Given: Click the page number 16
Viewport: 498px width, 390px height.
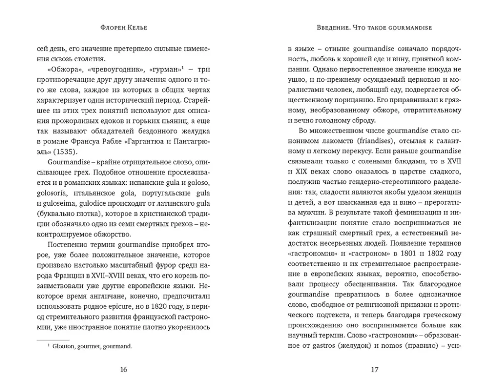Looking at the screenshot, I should [x=124, y=369].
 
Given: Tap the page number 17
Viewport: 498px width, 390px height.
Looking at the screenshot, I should [x=374, y=369].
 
